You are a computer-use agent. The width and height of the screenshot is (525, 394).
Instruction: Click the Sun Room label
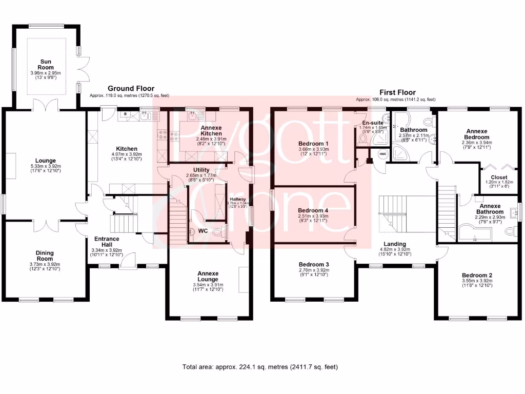[46, 65]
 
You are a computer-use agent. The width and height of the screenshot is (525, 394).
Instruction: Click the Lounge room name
[46, 161]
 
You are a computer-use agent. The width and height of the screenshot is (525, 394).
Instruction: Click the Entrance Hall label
[107, 242]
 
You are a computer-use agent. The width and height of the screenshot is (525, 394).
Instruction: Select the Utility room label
[201, 170]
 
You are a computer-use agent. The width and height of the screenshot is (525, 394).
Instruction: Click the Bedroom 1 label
[313, 144]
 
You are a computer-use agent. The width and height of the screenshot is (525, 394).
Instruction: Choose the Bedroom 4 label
[313, 211]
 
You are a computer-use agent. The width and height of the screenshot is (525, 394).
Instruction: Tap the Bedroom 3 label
[313, 265]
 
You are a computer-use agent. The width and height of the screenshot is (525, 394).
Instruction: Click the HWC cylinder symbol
[382, 154]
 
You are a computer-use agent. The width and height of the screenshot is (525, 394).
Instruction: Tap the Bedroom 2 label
[476, 275]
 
